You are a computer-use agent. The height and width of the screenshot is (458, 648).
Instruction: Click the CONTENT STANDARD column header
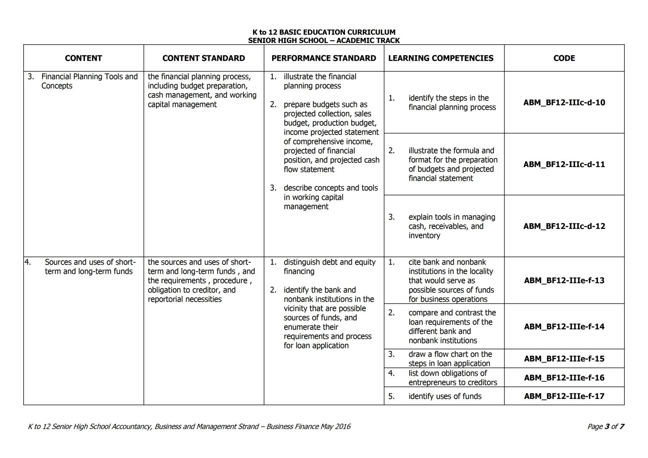tap(203, 58)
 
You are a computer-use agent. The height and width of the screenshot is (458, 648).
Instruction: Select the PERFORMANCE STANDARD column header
tap(324, 58)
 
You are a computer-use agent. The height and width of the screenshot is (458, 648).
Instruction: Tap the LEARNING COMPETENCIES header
tap(440, 58)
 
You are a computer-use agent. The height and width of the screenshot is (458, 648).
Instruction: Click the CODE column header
tap(564, 58)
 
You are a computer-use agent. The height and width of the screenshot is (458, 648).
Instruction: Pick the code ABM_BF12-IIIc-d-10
tap(564, 102)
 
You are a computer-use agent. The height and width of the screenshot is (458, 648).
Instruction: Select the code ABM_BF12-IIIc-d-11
tap(564, 164)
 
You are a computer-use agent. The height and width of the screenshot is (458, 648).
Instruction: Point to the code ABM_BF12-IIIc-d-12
tap(564, 226)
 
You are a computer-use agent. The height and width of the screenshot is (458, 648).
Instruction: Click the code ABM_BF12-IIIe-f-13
tap(564, 280)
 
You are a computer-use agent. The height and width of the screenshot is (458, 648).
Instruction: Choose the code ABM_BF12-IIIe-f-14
tap(564, 326)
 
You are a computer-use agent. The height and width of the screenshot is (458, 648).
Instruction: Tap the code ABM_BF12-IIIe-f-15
tap(564, 359)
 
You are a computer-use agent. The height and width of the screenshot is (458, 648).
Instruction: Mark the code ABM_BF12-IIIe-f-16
tap(564, 378)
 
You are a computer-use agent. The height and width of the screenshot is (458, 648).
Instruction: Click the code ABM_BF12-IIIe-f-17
tap(564, 396)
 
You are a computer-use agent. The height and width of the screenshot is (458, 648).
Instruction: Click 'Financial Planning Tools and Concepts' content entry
tap(89, 81)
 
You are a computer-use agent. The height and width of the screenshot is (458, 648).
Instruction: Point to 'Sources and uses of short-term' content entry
tap(90, 267)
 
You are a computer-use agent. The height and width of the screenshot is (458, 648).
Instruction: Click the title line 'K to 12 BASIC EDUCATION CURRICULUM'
tap(324, 32)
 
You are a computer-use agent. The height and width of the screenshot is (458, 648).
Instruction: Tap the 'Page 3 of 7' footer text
tap(605, 426)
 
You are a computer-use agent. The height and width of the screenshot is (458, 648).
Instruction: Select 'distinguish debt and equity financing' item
tap(329, 267)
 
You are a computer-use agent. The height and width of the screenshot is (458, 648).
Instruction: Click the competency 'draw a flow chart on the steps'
tap(450, 359)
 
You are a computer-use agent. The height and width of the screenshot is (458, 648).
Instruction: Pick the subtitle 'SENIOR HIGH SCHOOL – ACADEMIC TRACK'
tap(324, 40)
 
